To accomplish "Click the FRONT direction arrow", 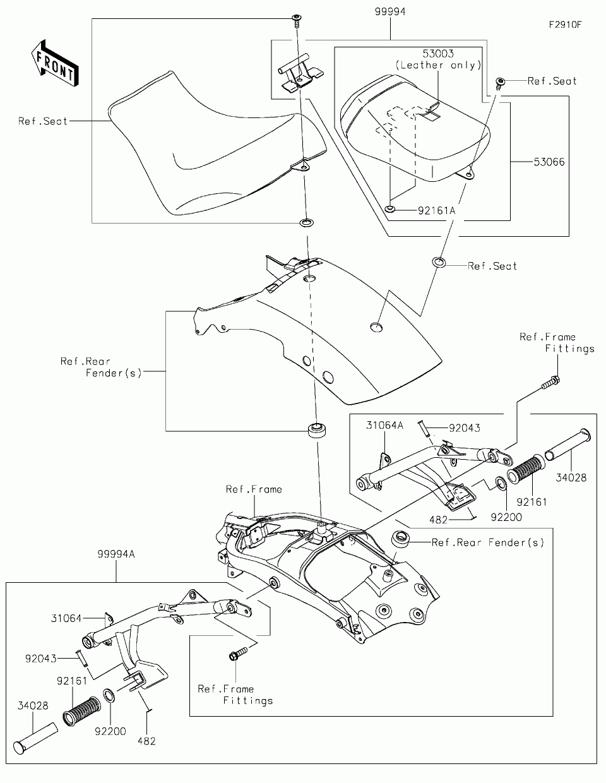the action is pos(55,63).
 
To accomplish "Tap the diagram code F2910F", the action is pos(565,25).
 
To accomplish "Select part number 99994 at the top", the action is pos(390,12).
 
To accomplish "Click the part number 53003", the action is pos(438,54).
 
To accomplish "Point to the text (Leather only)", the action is pos(438,65).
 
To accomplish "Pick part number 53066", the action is pos(549,162).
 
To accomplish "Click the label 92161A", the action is pos(436,210).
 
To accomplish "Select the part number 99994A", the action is pos(116,554).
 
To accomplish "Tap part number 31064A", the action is pos(384,425).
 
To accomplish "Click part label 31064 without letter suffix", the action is pos(67,618).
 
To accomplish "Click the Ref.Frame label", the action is pos(254,489).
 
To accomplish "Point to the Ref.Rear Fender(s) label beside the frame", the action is pos(488,542).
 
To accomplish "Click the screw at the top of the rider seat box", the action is pos(297,20).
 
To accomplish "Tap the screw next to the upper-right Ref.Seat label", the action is pos(500,83).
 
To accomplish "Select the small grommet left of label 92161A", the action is pos(390,208).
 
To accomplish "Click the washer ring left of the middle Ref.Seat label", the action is pos(439,262).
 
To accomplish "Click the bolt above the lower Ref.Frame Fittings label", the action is pos(239,654).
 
